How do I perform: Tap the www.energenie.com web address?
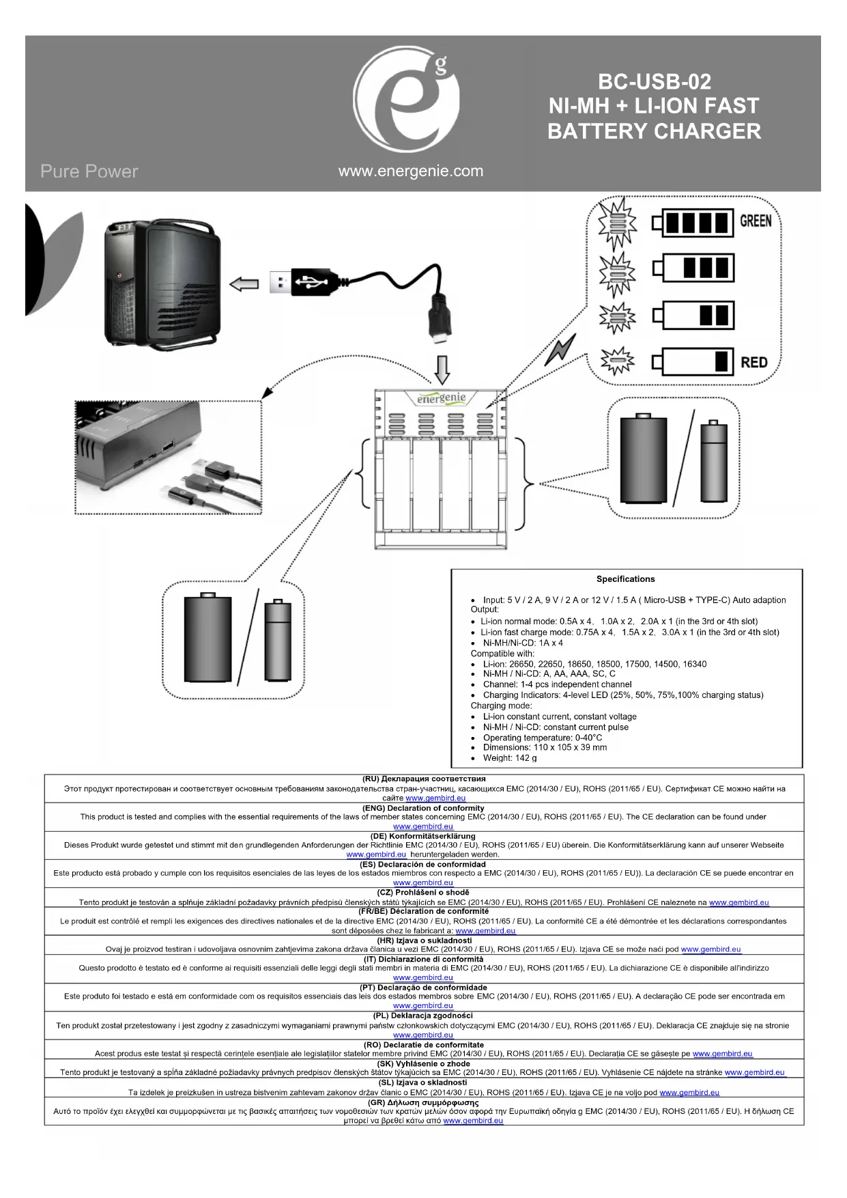(x=410, y=171)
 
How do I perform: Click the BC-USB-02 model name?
(x=654, y=82)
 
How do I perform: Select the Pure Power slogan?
(x=89, y=171)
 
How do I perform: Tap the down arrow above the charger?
(x=442, y=370)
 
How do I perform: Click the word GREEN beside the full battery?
(x=756, y=221)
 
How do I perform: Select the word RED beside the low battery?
(x=754, y=363)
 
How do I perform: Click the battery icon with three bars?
(x=693, y=268)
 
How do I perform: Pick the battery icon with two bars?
(x=693, y=315)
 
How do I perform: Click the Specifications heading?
(x=625, y=579)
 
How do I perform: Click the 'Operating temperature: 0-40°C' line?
(x=542, y=738)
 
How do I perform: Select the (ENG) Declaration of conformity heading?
(x=423, y=808)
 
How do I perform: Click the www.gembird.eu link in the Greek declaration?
(x=473, y=1120)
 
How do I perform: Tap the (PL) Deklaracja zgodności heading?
(x=423, y=1015)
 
